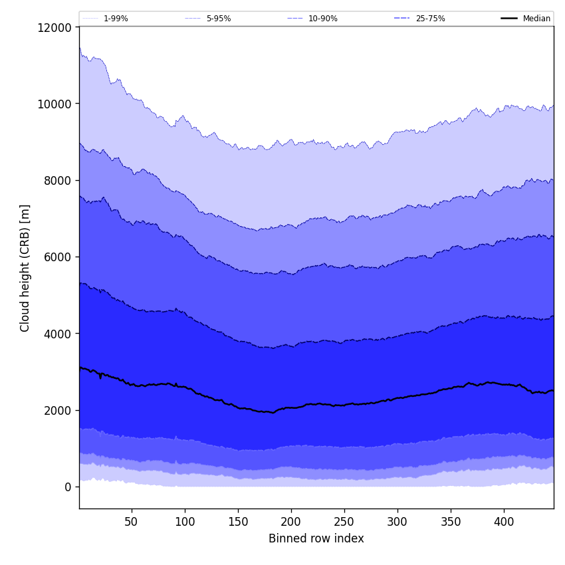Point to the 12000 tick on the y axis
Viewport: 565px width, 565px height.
[x=56, y=27]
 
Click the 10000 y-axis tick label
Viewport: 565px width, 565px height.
[x=56, y=104]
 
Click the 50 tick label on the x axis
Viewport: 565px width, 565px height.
[x=132, y=522]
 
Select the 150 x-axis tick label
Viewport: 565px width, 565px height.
[x=238, y=522]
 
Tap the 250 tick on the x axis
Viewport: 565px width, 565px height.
[x=344, y=522]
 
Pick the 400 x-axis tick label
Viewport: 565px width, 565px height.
[x=504, y=522]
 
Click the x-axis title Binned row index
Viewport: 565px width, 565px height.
[x=316, y=538]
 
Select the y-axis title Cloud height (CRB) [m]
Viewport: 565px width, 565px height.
[x=25, y=268]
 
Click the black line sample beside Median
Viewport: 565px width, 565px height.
[x=509, y=19]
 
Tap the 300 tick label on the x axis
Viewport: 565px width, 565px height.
[x=397, y=522]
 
